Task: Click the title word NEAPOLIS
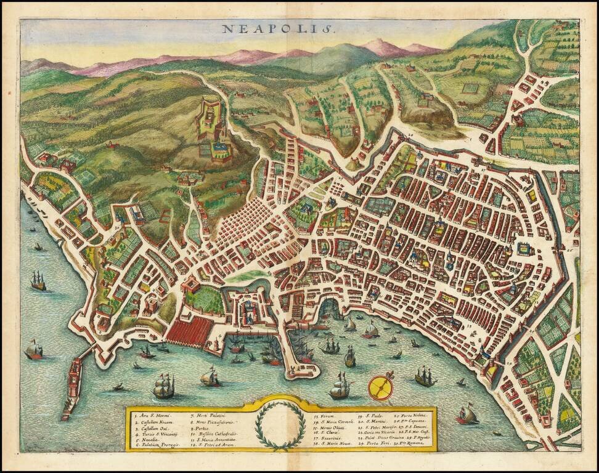(x=277, y=28)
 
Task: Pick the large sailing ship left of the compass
(x=340, y=387)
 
